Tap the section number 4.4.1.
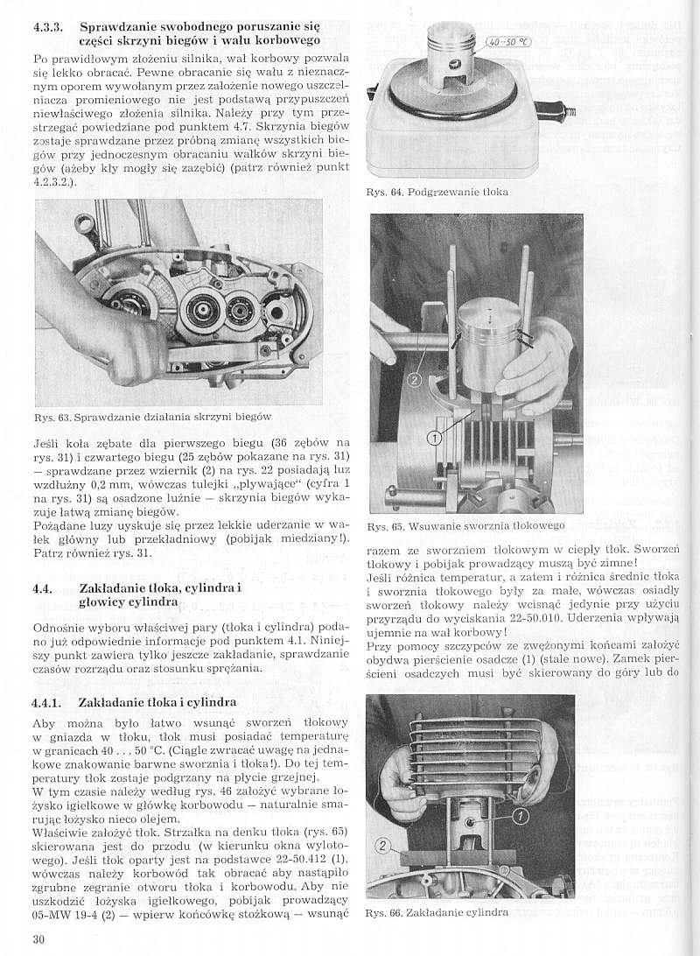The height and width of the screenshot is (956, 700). coord(51,702)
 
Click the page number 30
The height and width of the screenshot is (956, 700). coord(38,938)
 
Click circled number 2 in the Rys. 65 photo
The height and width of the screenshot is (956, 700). coord(415,378)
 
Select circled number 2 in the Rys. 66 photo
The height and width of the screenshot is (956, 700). coord(382,846)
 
